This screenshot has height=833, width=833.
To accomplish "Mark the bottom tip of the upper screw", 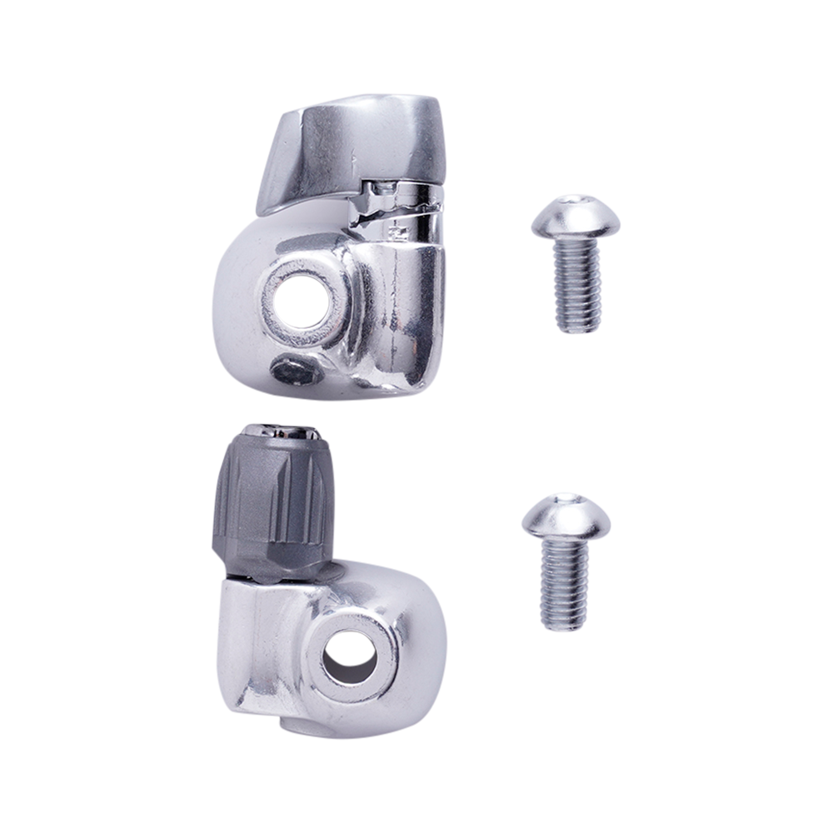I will pos(575,331).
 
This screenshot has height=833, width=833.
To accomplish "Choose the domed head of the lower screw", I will pos(566,517).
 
